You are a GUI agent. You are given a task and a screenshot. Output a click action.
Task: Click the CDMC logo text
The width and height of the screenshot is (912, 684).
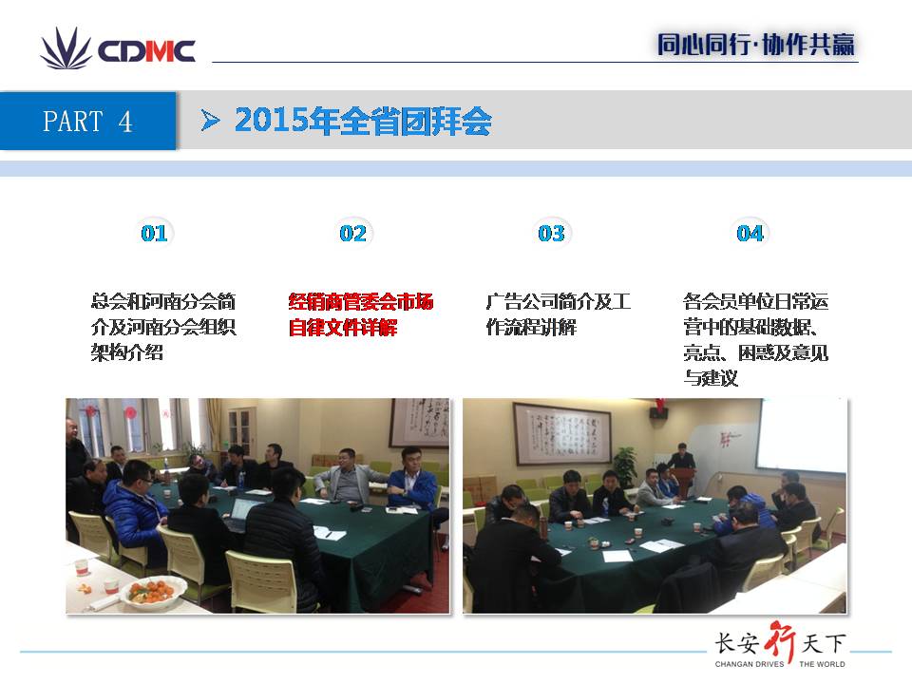[146, 50]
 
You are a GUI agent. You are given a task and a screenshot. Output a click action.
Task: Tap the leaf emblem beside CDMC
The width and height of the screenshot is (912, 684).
[66, 48]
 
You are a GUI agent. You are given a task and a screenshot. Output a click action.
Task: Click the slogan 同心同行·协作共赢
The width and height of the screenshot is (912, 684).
[755, 45]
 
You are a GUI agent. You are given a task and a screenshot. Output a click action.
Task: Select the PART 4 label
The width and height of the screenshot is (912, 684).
[87, 122]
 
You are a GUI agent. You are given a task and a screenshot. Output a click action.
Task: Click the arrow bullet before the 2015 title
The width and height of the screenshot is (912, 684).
[210, 121]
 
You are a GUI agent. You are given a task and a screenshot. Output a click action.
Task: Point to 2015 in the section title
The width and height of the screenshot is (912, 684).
[272, 121]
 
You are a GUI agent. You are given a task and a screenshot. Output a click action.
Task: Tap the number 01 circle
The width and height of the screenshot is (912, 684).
[154, 234]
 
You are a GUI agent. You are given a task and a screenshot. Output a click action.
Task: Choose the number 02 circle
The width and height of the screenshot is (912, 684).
[352, 234]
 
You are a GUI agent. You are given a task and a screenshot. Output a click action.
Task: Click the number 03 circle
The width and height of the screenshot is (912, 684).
[551, 234]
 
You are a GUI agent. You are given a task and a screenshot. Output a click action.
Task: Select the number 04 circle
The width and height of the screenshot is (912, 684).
[750, 234]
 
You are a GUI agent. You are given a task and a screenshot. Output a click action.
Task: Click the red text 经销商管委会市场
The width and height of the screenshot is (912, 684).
[361, 301]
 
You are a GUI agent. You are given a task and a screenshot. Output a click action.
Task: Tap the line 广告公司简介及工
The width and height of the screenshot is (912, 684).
[559, 301]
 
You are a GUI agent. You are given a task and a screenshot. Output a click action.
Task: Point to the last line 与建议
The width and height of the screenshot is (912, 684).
[711, 378]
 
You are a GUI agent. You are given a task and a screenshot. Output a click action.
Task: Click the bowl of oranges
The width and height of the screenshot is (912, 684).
[152, 592]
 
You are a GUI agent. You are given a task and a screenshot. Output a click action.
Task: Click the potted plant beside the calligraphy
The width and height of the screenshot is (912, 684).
[626, 466]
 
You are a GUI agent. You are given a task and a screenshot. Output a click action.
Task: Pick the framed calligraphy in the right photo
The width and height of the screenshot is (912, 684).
[561, 433]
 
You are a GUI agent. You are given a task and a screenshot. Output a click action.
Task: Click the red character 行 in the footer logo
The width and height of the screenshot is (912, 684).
[781, 642]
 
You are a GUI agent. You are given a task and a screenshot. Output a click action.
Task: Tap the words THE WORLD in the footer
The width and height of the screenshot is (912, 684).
[822, 664]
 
